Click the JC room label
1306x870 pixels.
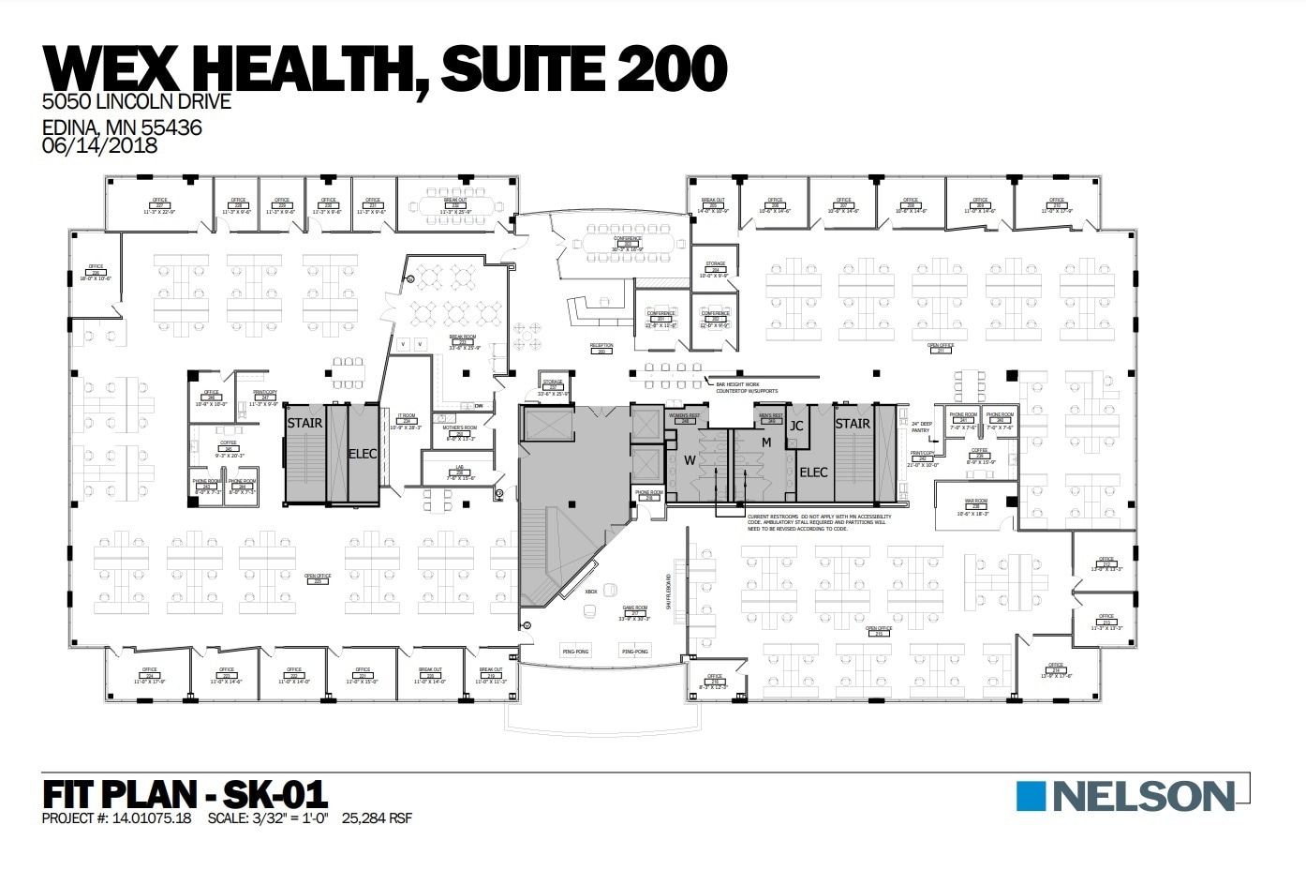tap(796, 426)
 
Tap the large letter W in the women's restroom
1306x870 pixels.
tap(690, 460)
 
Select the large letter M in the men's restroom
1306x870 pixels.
tap(765, 442)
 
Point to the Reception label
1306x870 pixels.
tap(601, 347)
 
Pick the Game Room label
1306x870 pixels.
tap(634, 610)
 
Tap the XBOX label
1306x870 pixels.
tap(591, 592)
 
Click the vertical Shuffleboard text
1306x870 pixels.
tap(669, 592)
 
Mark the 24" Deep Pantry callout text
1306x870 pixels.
tap(920, 427)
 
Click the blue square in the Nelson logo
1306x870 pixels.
tap(1031, 796)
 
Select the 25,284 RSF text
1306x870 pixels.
tap(377, 818)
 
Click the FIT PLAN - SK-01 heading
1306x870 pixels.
tap(186, 794)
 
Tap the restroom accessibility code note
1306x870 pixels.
tap(819, 523)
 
